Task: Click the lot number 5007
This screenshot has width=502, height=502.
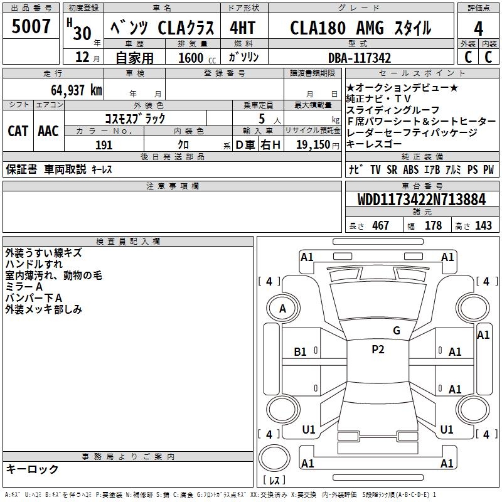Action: coord(31,28)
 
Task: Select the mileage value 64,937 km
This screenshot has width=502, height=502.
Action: coord(70,90)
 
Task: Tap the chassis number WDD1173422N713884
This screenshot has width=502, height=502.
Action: coord(422,200)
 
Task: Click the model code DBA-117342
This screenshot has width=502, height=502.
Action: coord(360,58)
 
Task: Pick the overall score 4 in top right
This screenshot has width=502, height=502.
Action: coord(479,28)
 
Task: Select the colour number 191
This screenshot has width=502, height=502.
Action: coord(104,145)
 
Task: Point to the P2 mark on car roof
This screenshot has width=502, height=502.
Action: coord(378,350)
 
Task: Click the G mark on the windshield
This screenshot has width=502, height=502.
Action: coord(397,330)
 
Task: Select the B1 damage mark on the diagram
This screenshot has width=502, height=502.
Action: coord(301,352)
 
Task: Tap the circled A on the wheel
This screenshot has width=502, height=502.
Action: coord(282,308)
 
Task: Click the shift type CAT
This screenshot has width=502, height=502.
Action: coord(18,131)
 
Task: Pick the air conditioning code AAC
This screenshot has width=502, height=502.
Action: coord(48,131)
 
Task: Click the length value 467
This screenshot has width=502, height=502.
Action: coord(380,226)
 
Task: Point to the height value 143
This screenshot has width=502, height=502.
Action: coord(483,226)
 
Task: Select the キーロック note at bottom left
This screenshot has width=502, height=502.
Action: coord(32,469)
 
